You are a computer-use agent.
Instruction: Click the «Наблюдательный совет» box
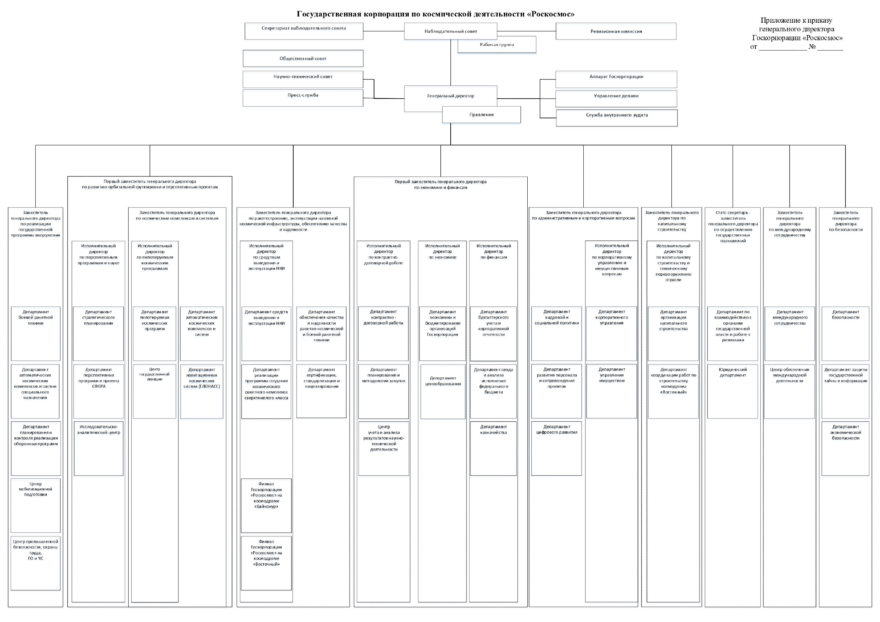pyautogui.click(x=450, y=31)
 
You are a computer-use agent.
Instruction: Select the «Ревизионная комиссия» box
pyautogui.click(x=616, y=31)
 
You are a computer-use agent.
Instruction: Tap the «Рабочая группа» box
pyautogui.click(x=497, y=44)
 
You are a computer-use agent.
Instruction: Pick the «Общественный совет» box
pyautogui.click(x=303, y=58)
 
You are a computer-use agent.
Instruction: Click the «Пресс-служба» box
pyautogui.click(x=303, y=98)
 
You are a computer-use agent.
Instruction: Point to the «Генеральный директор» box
pyautogui.click(x=450, y=99)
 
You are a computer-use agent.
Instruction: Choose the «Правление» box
pyautogui.click(x=481, y=114)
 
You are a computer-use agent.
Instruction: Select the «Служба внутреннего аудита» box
pyautogui.click(x=617, y=118)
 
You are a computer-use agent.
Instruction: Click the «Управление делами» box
pyautogui.click(x=616, y=99)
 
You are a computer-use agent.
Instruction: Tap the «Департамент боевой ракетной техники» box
pyautogui.click(x=36, y=333)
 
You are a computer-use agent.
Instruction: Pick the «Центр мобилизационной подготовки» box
pyautogui.click(x=36, y=506)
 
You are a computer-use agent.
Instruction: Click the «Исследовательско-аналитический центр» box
pyautogui.click(x=99, y=448)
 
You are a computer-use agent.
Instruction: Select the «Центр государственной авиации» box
pyautogui.click(x=154, y=391)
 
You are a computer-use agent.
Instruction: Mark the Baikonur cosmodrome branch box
pyautogui.click(x=266, y=506)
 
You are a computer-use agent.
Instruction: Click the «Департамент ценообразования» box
pyautogui.click(x=443, y=391)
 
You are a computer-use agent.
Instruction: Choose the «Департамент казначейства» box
pyautogui.click(x=493, y=448)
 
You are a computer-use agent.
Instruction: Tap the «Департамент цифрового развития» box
pyautogui.click(x=557, y=448)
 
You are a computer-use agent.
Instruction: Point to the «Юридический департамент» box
pyautogui.click(x=733, y=391)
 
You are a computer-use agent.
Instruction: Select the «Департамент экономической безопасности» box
pyautogui.click(x=846, y=448)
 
